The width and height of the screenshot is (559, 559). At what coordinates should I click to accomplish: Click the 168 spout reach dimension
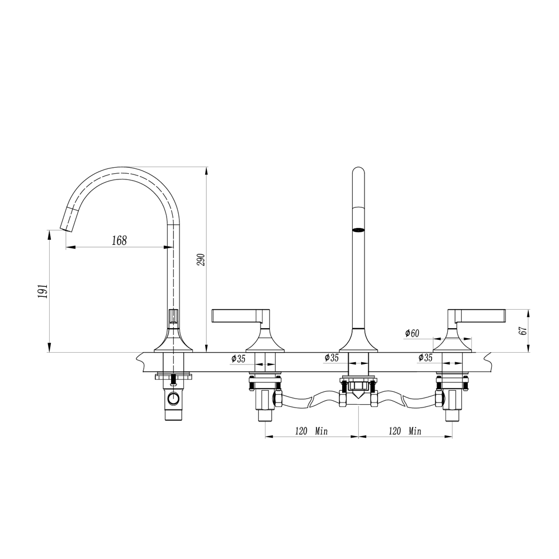[x=119, y=240]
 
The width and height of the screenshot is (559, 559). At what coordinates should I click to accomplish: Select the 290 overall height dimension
[x=202, y=259]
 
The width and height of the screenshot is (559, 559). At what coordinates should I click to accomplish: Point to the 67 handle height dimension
[x=523, y=330]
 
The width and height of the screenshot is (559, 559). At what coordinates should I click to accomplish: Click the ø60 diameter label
[x=412, y=334]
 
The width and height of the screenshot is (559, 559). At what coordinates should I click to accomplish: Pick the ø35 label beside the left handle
[x=238, y=358]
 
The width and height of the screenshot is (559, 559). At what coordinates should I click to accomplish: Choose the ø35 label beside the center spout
[x=332, y=358]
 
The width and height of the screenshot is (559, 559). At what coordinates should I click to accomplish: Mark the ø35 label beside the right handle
[x=425, y=358]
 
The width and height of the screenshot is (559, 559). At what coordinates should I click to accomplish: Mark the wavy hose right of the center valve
[x=405, y=400]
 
